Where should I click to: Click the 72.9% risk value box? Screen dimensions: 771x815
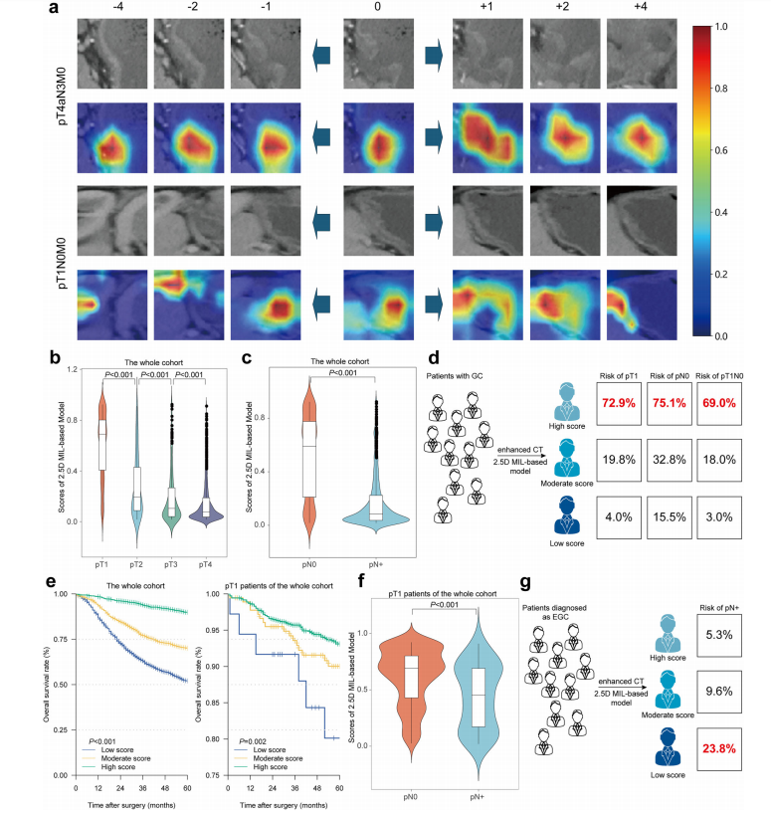point(618,403)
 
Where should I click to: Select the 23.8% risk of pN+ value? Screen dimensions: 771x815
point(719,749)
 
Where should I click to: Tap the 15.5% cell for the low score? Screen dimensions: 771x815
point(670,517)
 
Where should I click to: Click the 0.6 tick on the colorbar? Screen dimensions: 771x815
point(721,150)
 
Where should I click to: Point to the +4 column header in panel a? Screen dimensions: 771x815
point(641,7)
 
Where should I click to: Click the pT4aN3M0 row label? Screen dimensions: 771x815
point(63,97)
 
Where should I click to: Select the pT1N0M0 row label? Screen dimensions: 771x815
point(62,263)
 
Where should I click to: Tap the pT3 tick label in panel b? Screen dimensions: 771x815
point(171,564)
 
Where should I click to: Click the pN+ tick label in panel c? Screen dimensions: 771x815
point(376,564)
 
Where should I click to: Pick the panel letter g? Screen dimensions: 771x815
point(525,583)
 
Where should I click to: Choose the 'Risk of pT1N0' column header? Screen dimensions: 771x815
point(719,376)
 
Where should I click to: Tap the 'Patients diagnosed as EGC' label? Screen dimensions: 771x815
point(554,612)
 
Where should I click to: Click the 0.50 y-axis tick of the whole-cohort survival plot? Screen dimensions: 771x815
point(61,685)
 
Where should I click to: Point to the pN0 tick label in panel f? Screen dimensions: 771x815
point(411,797)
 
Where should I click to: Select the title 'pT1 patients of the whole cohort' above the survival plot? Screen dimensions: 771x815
point(279,586)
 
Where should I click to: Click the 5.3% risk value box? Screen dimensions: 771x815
point(719,635)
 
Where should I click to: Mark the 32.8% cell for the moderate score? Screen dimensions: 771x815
point(670,460)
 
